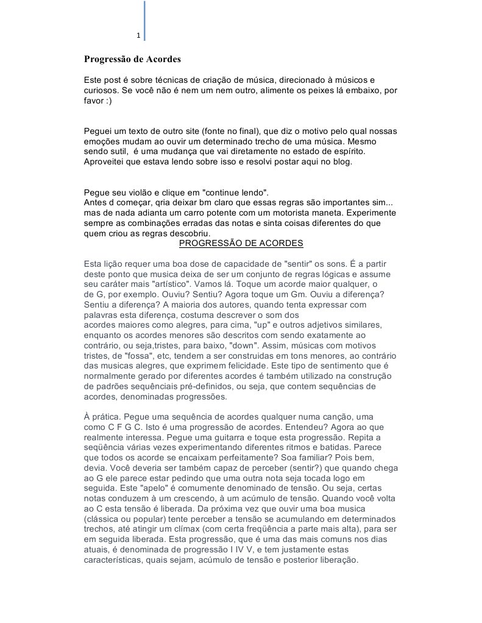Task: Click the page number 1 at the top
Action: [x=138, y=36]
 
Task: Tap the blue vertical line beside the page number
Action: [x=144, y=21]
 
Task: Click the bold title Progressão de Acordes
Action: [x=132, y=60]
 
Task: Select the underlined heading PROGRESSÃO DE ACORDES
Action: [x=241, y=244]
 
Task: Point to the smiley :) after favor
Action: [x=107, y=100]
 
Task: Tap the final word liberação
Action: [x=333, y=559]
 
